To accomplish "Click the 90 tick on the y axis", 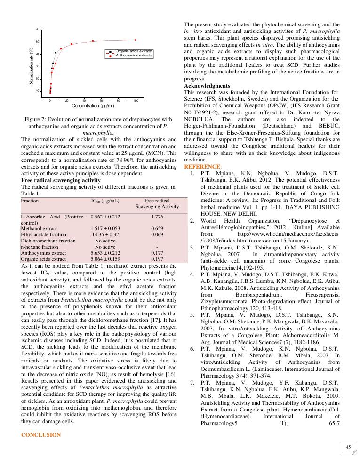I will click(38, 30).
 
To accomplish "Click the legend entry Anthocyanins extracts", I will click(134, 55).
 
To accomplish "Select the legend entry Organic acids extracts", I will click(134, 51).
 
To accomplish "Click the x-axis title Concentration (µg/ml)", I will click(93, 106).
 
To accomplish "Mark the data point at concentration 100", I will click(136, 40).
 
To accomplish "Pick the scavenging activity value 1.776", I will click(157, 217).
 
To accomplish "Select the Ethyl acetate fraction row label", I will click(44, 234).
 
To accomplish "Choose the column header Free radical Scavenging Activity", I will click(157, 203).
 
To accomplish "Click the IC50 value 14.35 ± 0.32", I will click(105, 234).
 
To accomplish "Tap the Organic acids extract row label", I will click(43, 258).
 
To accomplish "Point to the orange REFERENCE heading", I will click(201, 167).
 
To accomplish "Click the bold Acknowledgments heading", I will click(207, 86).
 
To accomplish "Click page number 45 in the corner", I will click(348, 447).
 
